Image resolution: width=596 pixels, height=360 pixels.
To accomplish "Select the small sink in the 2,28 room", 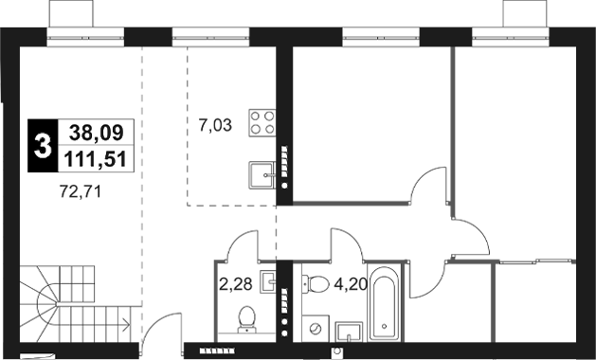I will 268,281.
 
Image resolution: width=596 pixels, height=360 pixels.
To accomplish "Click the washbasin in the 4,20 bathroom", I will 350,331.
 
